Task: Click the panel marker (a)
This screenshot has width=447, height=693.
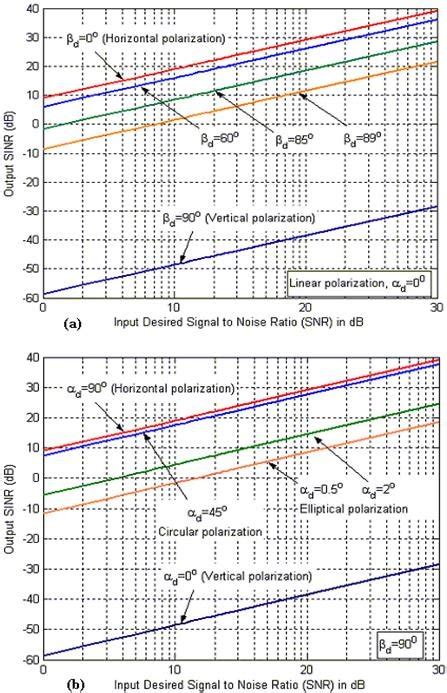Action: point(14,326)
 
